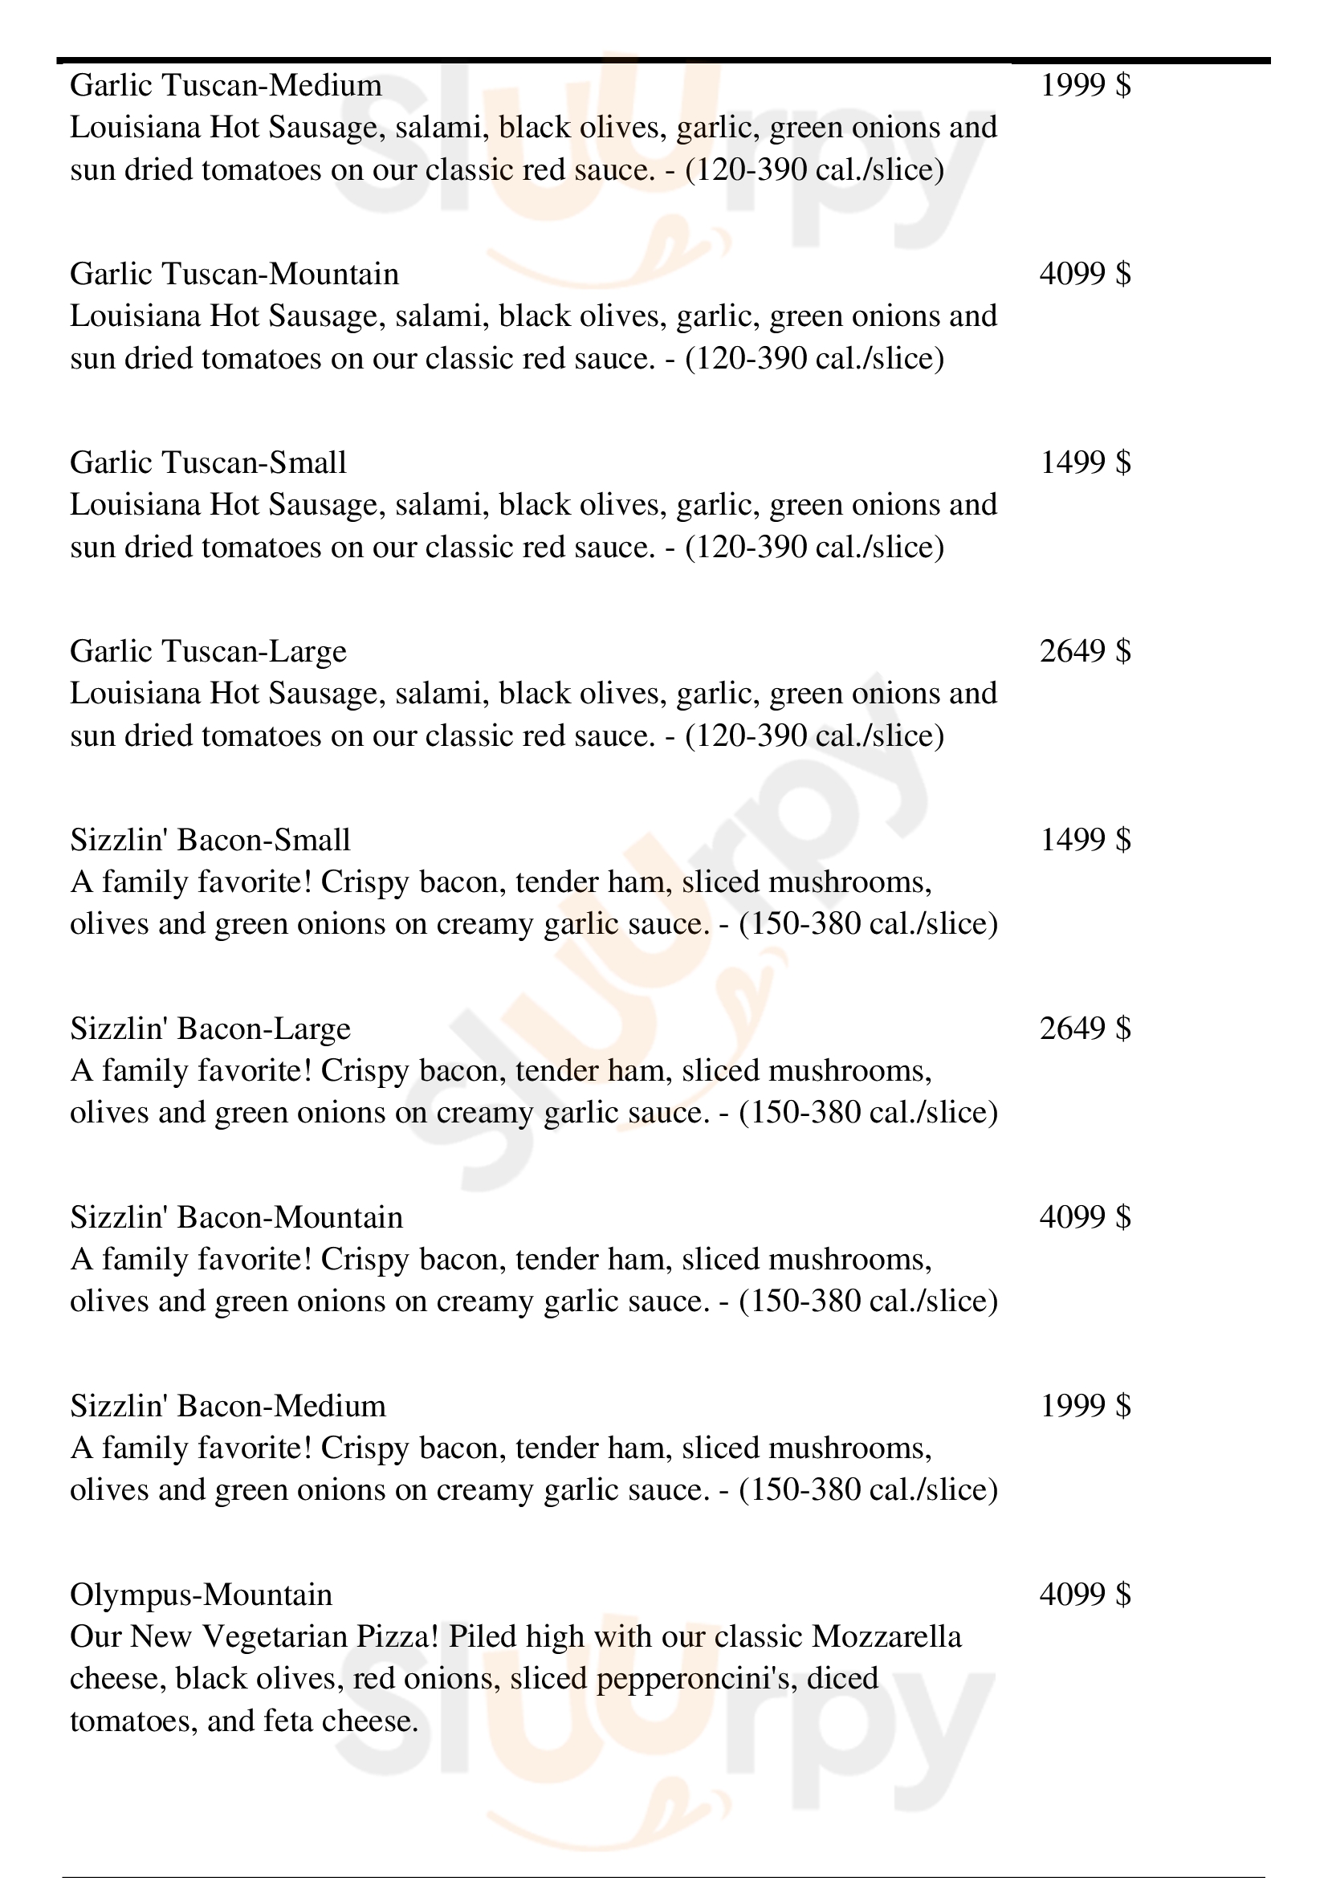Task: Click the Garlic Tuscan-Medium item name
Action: pos(226,86)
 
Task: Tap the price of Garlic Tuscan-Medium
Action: pos(1086,85)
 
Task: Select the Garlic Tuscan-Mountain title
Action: pos(234,274)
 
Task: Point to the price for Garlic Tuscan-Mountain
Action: pos(1086,274)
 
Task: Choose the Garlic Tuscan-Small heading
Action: pos(209,463)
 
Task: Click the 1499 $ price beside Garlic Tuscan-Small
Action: pos(1086,463)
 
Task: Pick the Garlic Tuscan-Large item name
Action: pos(209,652)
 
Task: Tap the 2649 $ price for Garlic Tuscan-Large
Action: pos(1086,651)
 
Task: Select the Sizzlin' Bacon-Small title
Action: pos(210,840)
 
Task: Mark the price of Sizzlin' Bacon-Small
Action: pos(1086,840)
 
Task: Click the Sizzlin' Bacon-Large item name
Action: pos(210,1029)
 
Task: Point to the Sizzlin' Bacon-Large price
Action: pos(1086,1029)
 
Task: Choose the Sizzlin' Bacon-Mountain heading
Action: pos(236,1218)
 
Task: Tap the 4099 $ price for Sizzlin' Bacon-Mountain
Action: pos(1086,1217)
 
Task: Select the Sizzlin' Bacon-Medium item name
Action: pos(228,1406)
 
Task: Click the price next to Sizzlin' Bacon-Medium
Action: pos(1086,1406)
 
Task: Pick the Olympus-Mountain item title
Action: pos(202,1595)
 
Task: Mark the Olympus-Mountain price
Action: pos(1086,1595)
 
